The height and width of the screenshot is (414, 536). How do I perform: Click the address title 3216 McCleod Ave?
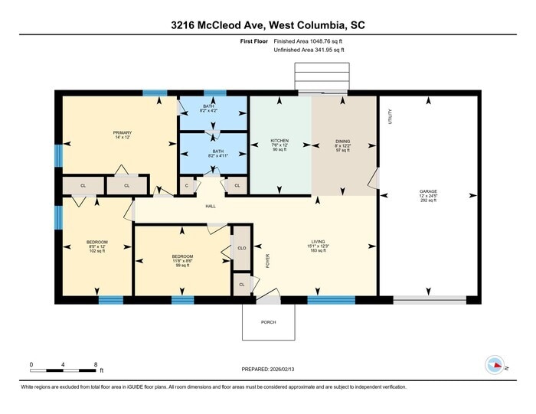click(268, 25)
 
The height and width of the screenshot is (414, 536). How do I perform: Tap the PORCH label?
click(268, 322)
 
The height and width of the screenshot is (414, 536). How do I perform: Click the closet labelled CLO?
click(241, 249)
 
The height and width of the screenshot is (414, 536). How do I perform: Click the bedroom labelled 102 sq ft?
click(97, 246)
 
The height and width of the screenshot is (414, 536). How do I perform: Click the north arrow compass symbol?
click(494, 365)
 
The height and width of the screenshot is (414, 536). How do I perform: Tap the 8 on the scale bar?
click(96, 364)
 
